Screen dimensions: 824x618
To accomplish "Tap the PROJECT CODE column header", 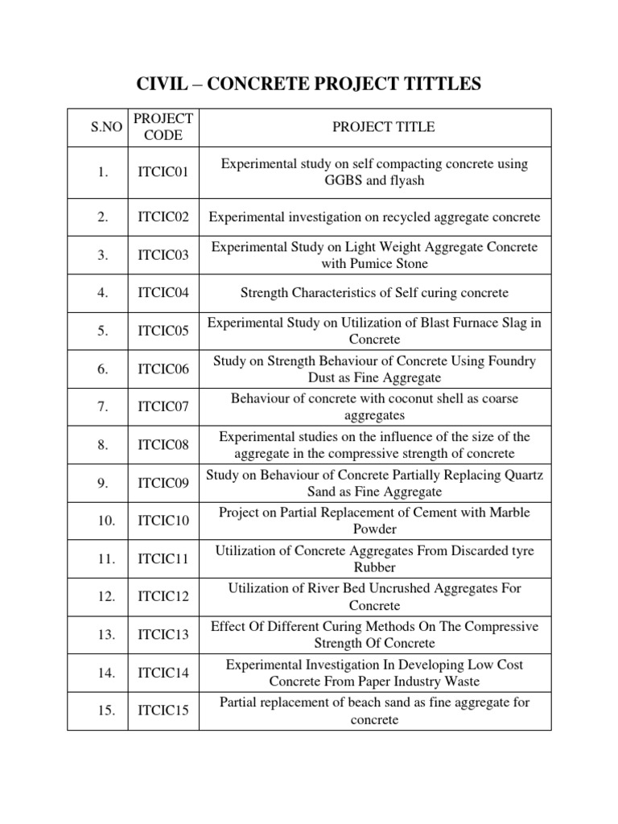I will click(163, 127).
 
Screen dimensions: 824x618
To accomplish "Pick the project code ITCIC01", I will click(163, 172).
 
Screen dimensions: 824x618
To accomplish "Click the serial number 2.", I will click(102, 217).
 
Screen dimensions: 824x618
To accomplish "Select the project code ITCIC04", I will click(163, 293).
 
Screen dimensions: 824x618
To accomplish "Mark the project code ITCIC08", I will click(163, 445).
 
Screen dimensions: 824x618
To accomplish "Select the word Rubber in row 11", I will click(375, 566).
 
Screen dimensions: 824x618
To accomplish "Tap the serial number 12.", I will click(106, 596).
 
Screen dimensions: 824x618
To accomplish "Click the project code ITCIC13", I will click(163, 635).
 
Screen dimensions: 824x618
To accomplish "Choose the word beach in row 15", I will click(363, 702).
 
